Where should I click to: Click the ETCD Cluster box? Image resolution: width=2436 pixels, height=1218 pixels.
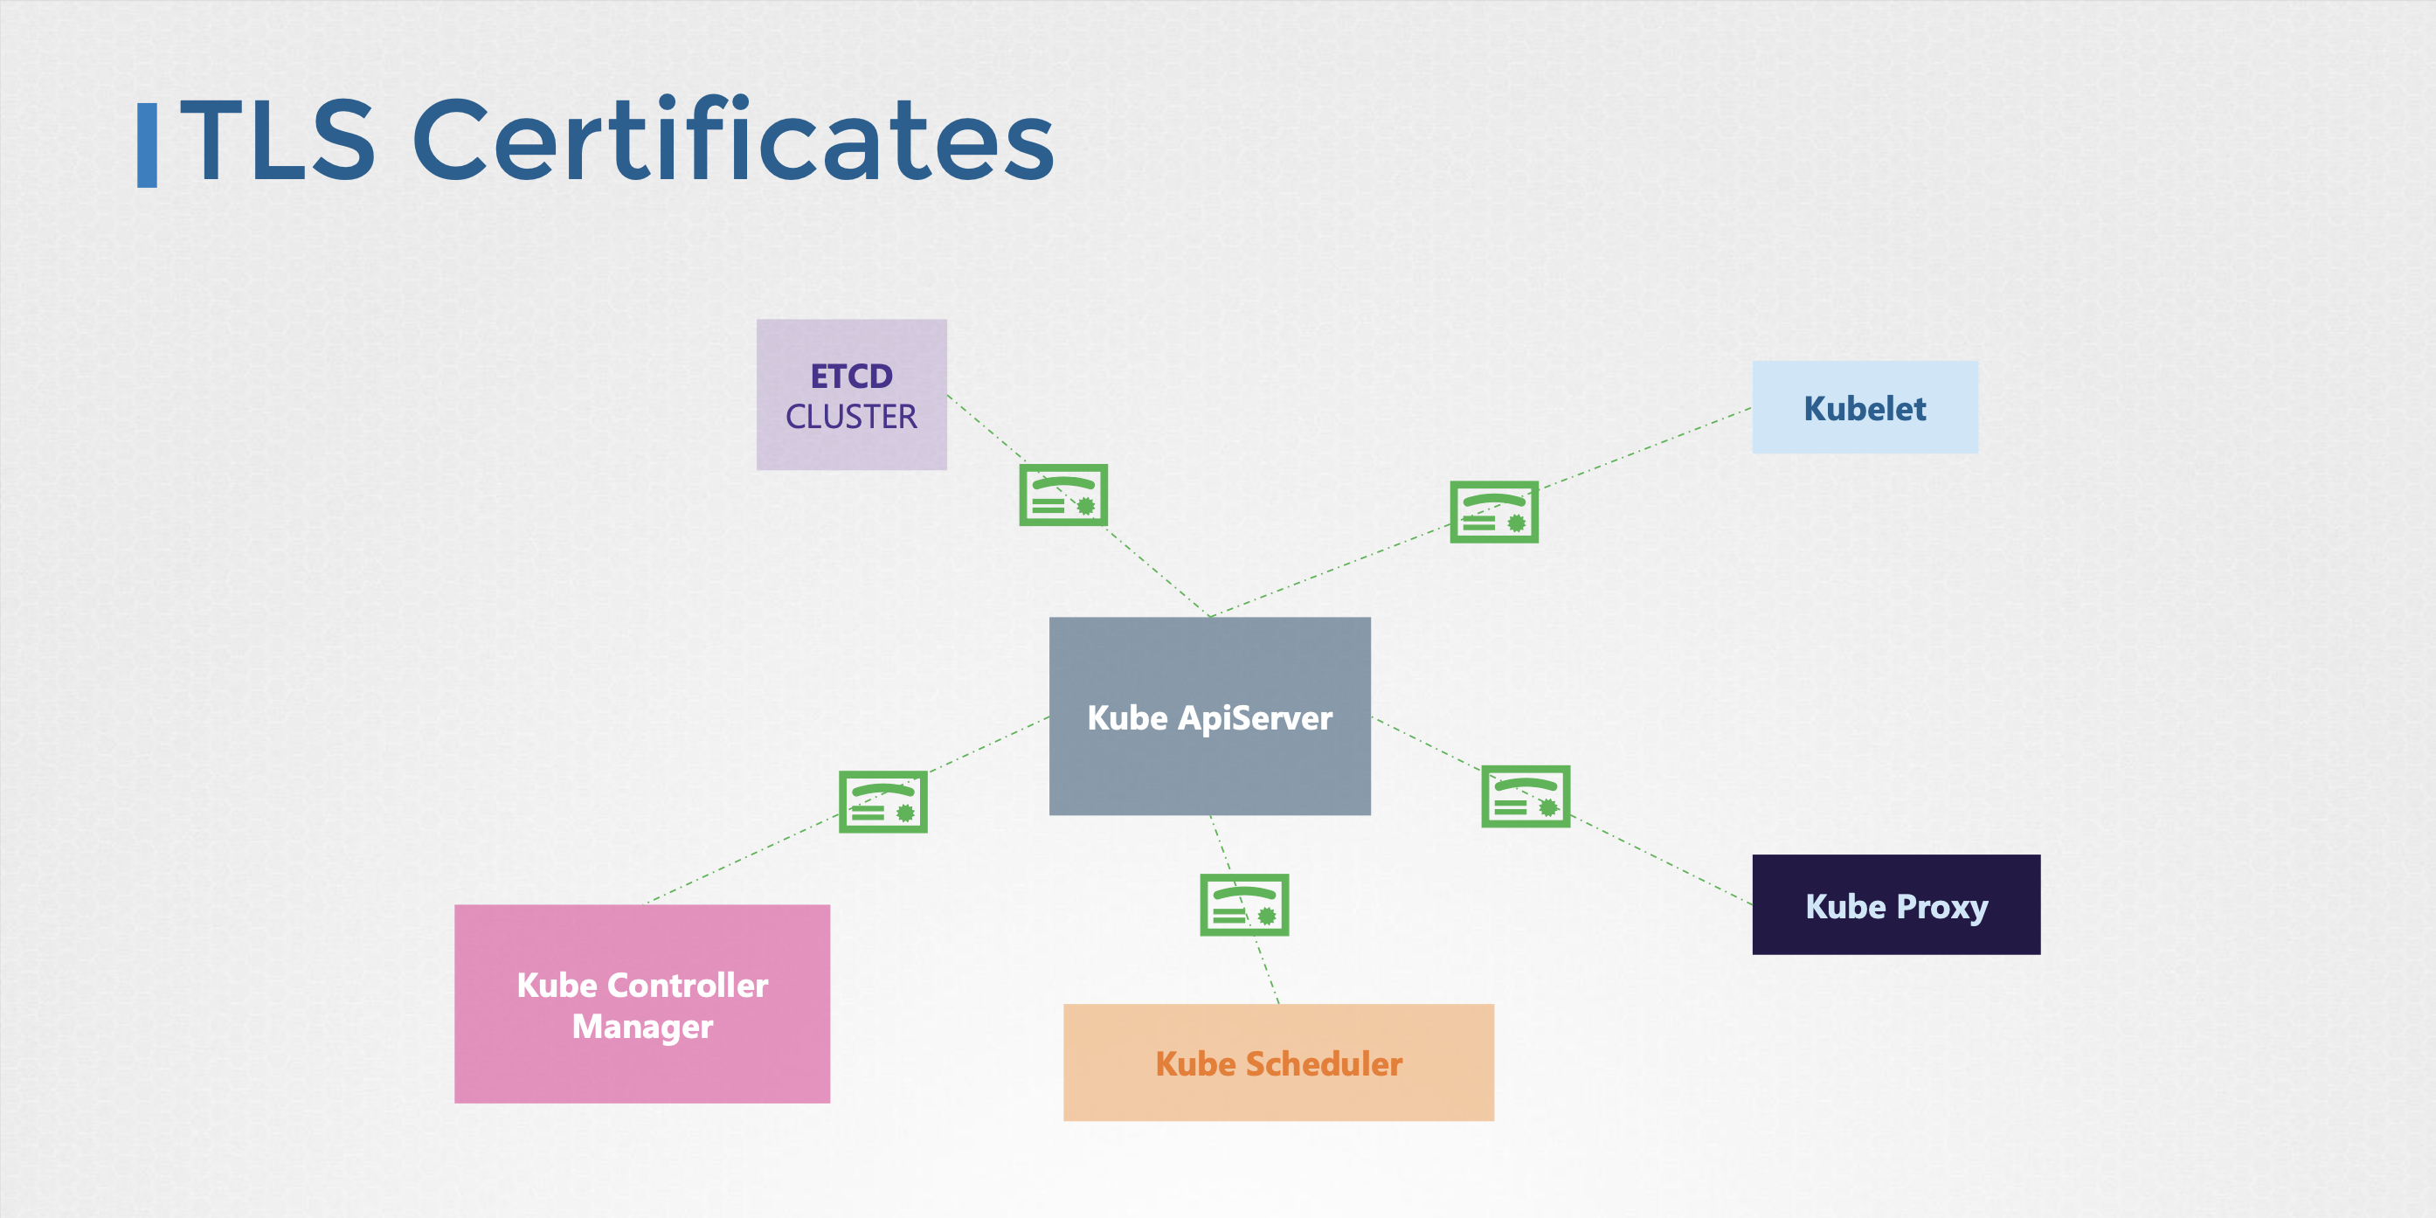click(x=851, y=394)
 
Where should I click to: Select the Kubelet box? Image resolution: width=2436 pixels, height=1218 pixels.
click(x=1864, y=407)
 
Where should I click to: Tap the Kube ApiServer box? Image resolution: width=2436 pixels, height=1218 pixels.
click(x=1209, y=716)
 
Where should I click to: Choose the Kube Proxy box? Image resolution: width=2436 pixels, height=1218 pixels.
click(x=1895, y=905)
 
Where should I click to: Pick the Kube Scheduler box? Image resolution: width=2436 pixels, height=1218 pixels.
click(x=1278, y=1063)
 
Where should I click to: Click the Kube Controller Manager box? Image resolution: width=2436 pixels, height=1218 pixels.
click(x=642, y=1003)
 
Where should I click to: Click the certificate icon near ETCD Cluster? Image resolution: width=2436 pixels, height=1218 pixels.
click(x=1063, y=495)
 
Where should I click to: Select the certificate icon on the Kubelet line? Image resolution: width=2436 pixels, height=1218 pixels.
click(x=1494, y=512)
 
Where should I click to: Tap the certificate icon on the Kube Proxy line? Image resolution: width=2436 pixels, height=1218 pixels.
click(x=1526, y=796)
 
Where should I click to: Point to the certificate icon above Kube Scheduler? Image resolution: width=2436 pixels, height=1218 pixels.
click(x=1243, y=905)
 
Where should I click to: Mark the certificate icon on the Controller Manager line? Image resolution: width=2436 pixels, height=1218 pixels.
click(x=883, y=802)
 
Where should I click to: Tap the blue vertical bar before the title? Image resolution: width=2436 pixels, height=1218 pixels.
click(x=148, y=145)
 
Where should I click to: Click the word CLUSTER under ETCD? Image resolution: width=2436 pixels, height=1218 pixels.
click(x=851, y=417)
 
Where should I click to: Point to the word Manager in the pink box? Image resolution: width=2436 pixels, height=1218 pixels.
click(x=642, y=1026)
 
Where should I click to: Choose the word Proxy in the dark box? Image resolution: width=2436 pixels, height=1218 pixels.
click(x=1941, y=906)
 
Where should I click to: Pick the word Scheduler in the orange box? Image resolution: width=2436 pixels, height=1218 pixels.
click(x=1323, y=1064)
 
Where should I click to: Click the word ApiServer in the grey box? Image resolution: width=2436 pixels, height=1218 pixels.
click(x=1255, y=717)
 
